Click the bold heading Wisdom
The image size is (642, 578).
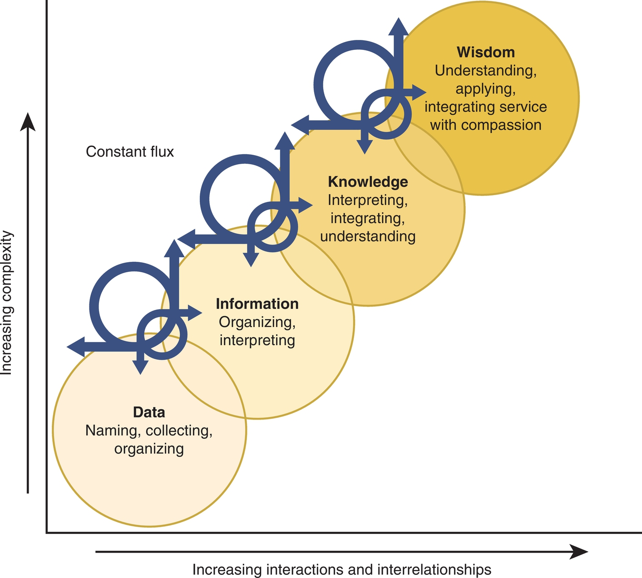[486, 52]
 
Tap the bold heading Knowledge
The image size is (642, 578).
[368, 182]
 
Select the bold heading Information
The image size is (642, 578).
[257, 304]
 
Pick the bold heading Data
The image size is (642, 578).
[149, 412]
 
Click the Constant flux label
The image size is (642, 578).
[130, 152]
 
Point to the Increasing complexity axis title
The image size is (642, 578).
[7, 303]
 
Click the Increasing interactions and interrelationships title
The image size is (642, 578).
[341, 569]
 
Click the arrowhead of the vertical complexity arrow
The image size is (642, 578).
[28, 122]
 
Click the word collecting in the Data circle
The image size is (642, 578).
[179, 431]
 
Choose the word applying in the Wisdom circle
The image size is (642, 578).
[485, 88]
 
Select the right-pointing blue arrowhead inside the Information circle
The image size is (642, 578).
[195, 313]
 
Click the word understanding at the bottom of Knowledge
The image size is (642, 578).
[368, 236]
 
